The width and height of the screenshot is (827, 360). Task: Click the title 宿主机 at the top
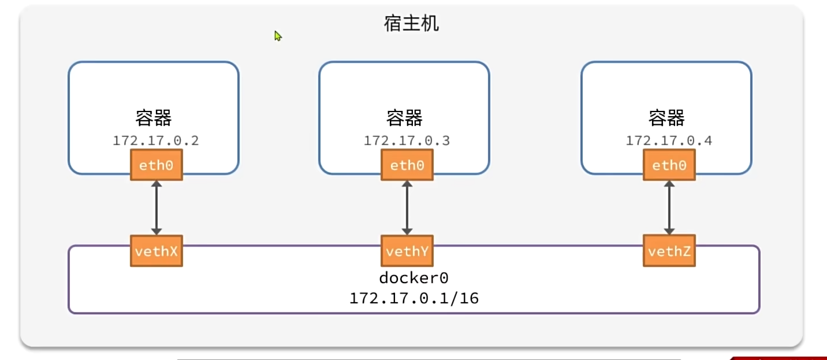point(411,24)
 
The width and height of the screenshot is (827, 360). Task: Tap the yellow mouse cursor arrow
point(278,36)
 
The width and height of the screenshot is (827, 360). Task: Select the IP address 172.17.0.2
point(156,140)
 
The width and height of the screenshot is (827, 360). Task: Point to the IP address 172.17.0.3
point(407,140)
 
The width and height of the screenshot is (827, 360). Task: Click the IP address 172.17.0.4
point(669,140)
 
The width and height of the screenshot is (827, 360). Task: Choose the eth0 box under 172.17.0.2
point(157,165)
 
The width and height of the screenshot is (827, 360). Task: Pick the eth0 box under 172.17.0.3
point(407,165)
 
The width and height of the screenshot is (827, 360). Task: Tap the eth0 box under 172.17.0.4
point(669,165)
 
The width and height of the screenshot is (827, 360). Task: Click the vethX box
point(157,251)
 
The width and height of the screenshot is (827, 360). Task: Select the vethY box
point(407,251)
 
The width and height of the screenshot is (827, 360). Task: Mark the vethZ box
point(669,251)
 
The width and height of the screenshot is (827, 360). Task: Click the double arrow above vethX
point(157,208)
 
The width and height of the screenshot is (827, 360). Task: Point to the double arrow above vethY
point(407,208)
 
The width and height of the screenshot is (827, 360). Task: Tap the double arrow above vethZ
point(669,208)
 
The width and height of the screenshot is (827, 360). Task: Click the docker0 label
point(413,278)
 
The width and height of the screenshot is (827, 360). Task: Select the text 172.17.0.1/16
point(413,299)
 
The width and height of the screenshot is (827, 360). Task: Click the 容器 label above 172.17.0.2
point(154,118)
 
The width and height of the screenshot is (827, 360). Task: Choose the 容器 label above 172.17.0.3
point(404,118)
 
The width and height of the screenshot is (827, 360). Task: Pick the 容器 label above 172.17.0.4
point(666,118)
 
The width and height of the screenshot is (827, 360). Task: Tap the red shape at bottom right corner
point(780,358)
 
